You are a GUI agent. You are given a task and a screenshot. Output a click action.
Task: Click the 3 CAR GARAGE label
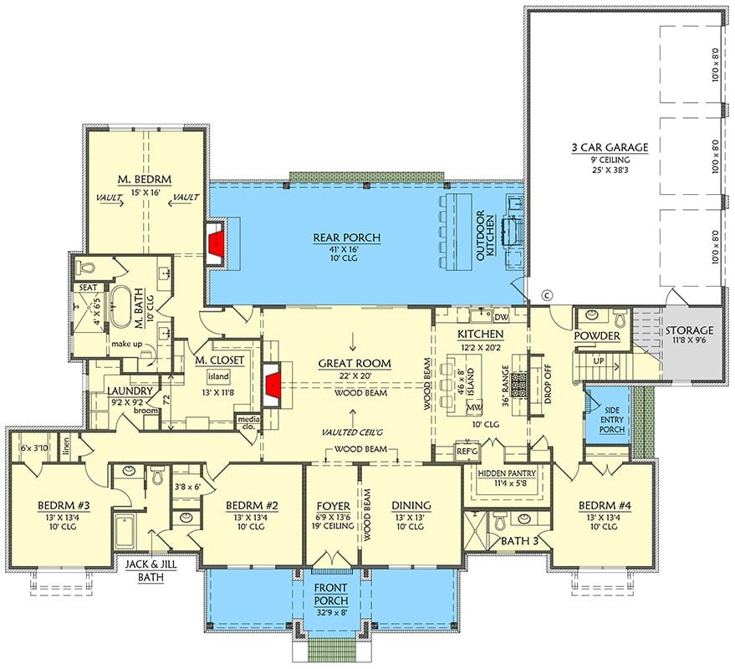click(610, 147)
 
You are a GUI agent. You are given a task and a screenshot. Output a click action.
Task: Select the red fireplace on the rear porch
click(217, 244)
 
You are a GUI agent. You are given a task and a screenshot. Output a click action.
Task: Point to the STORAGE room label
click(689, 330)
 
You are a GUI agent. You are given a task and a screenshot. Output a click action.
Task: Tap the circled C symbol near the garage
click(549, 294)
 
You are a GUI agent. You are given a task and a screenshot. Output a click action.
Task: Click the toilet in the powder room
click(620, 318)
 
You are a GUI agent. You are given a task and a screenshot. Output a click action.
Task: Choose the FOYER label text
click(332, 505)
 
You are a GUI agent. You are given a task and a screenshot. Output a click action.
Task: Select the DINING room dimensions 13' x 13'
click(411, 517)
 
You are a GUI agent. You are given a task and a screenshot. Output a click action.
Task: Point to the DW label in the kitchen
click(502, 317)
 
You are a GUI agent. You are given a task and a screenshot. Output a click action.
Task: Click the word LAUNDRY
click(129, 390)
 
